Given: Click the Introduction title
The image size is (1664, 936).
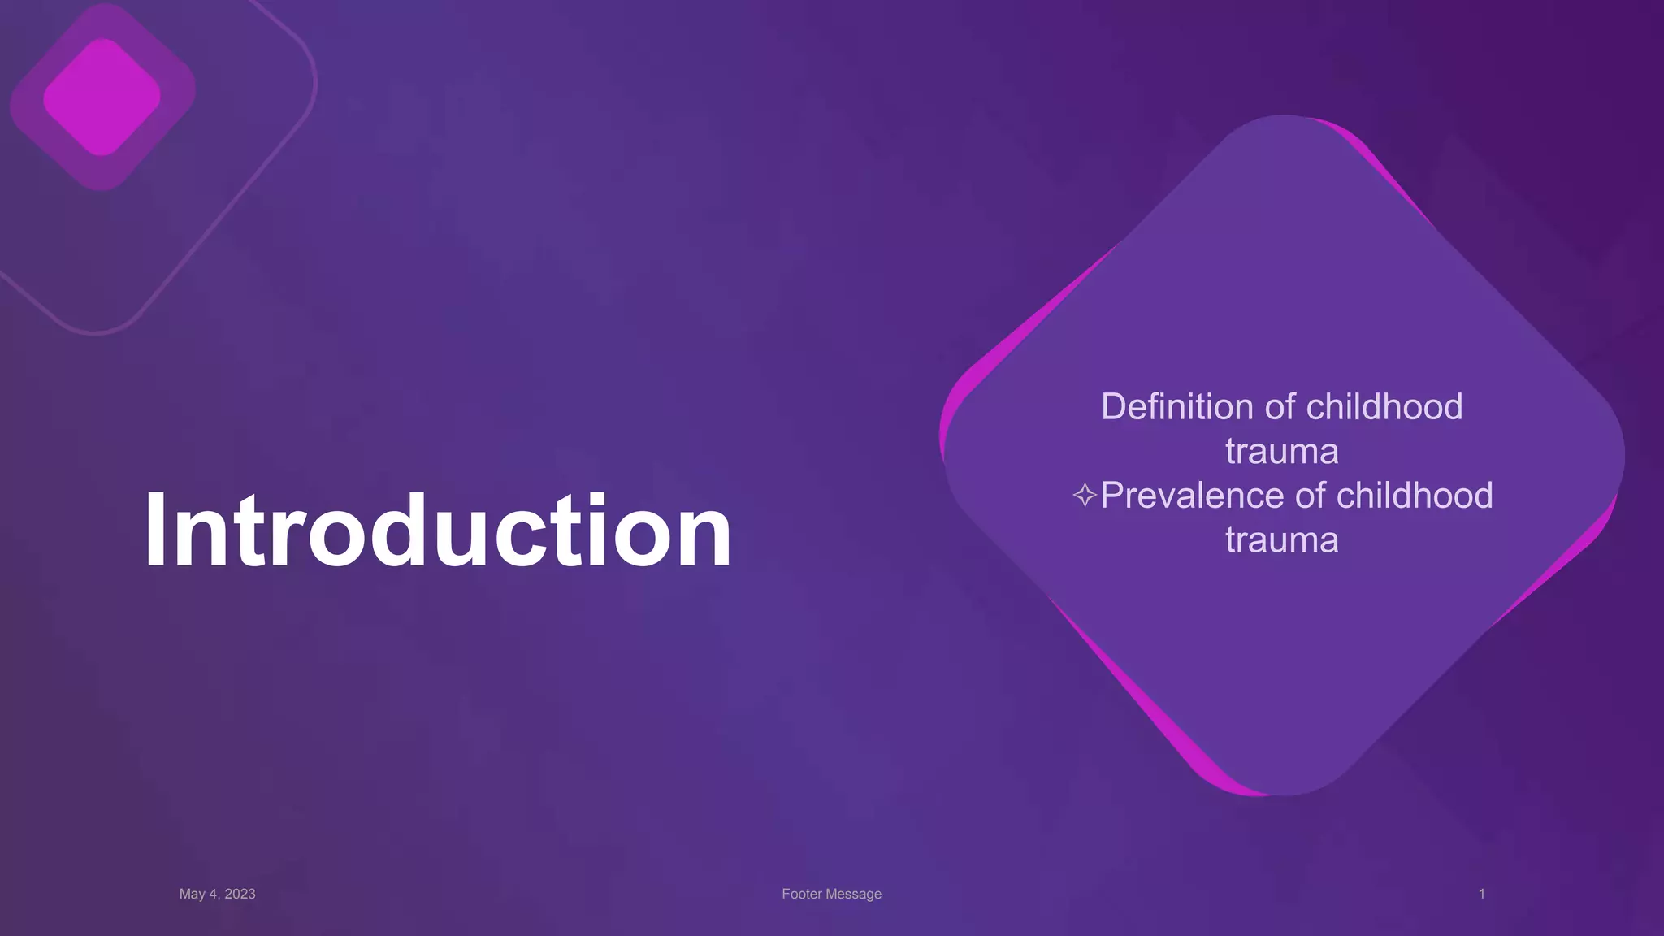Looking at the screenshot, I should coord(438,531).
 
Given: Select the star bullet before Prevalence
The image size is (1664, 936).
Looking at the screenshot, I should coord(1085,495).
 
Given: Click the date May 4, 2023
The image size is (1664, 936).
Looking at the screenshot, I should coord(217,894).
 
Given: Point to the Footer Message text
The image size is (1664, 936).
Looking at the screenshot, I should coord(831,894).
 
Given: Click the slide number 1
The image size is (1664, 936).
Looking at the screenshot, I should coord(1481,894).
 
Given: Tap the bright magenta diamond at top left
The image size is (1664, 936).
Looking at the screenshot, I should coord(102,97).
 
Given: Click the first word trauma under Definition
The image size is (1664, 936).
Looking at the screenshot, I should coord(1281,452).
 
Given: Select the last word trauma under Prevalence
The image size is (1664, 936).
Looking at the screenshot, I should coord(1281,540).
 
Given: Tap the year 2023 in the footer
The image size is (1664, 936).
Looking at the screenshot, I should coord(240,894).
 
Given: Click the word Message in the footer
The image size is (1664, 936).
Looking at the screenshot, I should coord(854,894).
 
